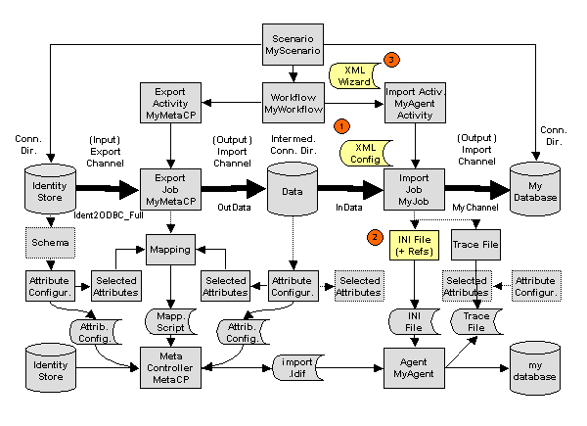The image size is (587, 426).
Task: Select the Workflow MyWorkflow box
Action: (292, 100)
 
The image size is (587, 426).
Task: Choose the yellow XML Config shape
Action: (365, 150)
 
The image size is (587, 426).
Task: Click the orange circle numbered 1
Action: (341, 126)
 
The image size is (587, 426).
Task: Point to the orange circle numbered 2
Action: (374, 236)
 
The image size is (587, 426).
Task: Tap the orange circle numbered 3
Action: (391, 60)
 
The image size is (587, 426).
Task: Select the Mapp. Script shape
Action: (170, 322)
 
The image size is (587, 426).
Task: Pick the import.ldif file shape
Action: (293, 366)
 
